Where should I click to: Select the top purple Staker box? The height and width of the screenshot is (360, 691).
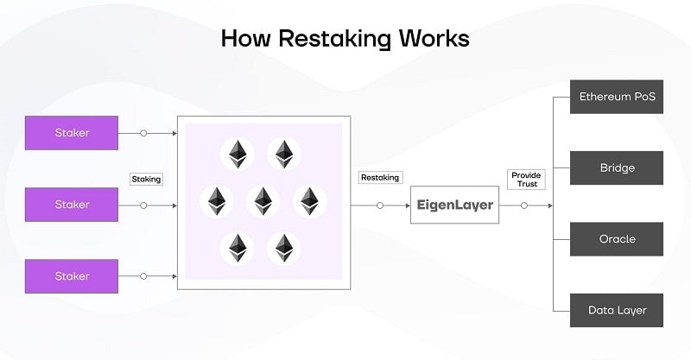[73, 133]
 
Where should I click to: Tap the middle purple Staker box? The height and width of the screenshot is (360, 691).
[73, 205]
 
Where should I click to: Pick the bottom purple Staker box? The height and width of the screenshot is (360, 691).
[73, 276]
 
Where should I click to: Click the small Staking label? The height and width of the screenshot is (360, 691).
[146, 179]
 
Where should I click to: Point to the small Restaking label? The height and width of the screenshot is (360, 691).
[380, 178]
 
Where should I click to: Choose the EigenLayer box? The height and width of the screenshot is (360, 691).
[453, 205]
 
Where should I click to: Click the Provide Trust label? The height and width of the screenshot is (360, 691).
[525, 180]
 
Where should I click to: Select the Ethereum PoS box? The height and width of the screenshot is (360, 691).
[617, 96]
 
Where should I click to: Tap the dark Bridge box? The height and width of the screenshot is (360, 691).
[617, 167]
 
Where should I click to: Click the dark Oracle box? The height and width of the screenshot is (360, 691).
[617, 239]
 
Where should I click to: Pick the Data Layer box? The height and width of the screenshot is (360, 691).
[617, 310]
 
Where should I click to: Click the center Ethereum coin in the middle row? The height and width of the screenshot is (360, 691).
[263, 201]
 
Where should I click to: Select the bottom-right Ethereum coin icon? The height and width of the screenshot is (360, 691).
[283, 249]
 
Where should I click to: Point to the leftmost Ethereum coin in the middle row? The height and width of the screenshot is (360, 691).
[216, 201]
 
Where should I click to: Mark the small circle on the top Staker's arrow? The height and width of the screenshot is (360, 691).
[143, 133]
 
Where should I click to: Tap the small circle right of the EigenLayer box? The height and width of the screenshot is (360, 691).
[523, 205]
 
